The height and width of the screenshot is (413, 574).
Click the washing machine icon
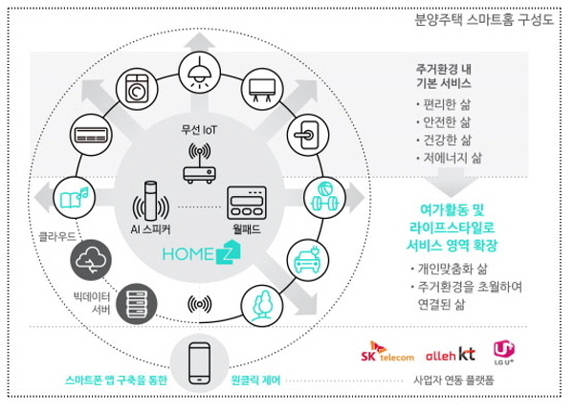click(137, 89)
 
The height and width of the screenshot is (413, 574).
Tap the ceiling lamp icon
click(200, 72)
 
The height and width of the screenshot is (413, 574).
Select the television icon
click(262, 90)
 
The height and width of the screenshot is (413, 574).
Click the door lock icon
click(308, 135)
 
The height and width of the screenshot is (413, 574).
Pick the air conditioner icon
click(91, 135)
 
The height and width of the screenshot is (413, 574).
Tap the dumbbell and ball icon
click(324, 197)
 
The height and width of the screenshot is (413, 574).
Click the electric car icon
click(308, 259)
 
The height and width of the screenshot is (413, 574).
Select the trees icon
click(261, 305)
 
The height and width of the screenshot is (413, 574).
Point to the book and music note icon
click(75, 198)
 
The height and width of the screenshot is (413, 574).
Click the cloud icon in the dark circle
click(91, 260)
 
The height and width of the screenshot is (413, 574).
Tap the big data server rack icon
click(137, 304)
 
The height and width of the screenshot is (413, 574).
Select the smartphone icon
click(200, 363)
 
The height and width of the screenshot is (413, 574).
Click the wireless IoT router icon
click(200, 163)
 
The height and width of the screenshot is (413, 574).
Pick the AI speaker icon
click(150, 202)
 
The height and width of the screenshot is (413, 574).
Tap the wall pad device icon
click(247, 203)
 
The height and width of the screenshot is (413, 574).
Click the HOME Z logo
click(202, 252)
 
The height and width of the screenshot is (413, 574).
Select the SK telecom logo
click(387, 352)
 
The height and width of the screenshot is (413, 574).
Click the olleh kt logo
click(451, 354)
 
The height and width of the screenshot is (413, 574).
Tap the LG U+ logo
click(504, 353)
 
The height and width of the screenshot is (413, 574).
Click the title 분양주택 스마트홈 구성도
click(484, 19)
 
